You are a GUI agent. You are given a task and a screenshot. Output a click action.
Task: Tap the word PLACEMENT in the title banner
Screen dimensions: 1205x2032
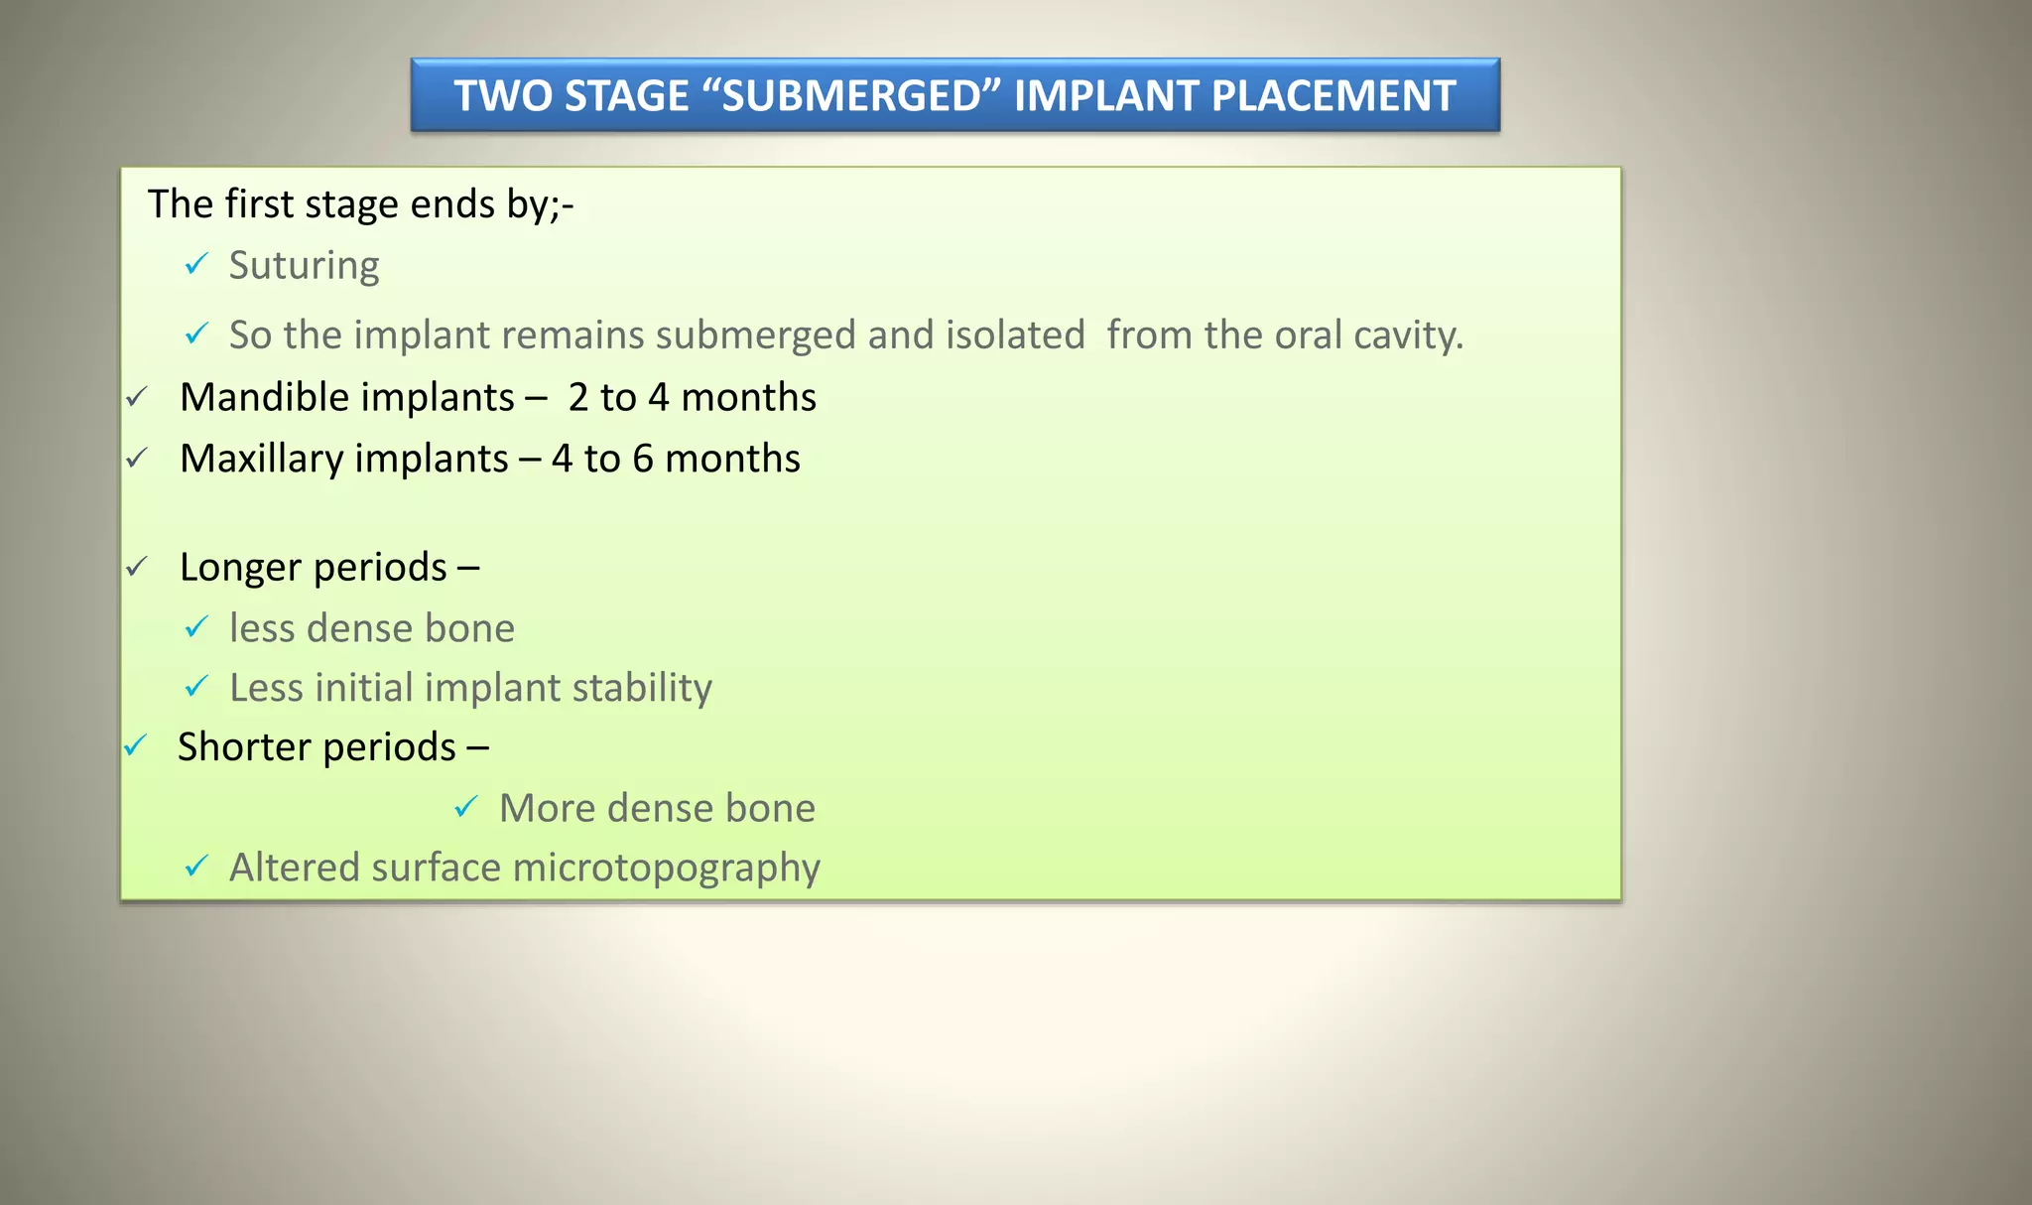click(1333, 96)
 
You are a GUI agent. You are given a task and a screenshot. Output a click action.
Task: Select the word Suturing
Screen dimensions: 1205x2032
click(304, 266)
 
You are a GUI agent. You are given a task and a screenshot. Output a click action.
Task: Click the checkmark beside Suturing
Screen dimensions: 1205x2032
click(196, 264)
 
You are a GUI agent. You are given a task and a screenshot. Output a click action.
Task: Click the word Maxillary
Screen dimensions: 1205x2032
click(261, 459)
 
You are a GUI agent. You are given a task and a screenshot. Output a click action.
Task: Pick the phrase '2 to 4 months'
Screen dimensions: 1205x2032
click(693, 397)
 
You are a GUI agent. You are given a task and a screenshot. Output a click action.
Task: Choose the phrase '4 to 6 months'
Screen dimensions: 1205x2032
click(676, 459)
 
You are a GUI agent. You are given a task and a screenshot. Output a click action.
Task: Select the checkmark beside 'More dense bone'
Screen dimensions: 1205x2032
click(466, 807)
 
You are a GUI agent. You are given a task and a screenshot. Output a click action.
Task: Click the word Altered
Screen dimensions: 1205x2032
click(295, 868)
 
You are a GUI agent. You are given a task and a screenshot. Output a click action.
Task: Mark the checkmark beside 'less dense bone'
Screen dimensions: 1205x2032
click(196, 626)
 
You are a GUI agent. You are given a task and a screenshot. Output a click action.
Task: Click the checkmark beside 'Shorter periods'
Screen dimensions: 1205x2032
click(135, 745)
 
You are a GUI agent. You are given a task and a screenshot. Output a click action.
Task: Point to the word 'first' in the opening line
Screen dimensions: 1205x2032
click(259, 203)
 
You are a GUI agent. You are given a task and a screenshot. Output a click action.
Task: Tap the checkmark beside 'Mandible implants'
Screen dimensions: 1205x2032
click(137, 397)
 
